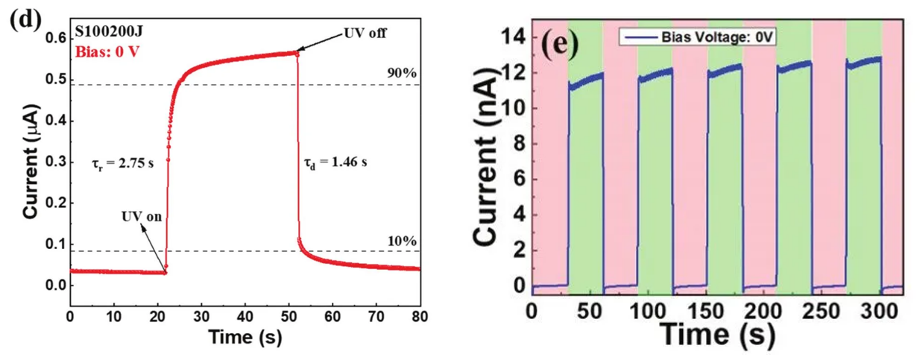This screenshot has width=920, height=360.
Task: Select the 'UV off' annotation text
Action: (365, 33)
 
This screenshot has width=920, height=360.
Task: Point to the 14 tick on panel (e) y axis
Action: (514, 36)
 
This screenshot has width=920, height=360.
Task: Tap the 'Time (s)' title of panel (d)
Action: (245, 338)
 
